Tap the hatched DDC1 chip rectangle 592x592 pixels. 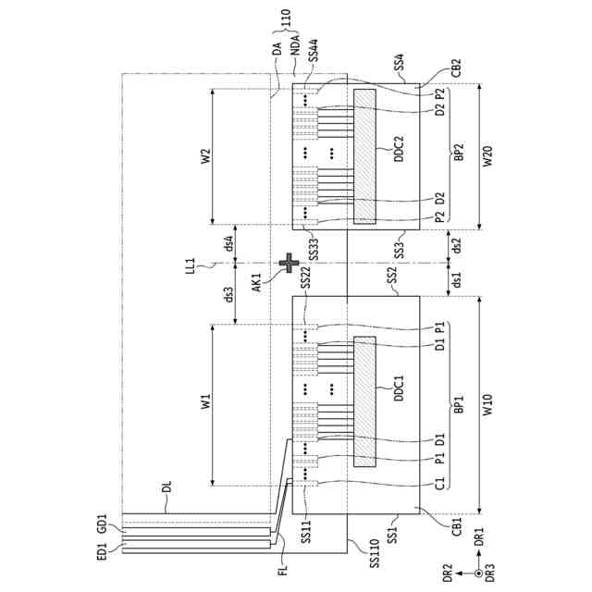pyautogui.click(x=365, y=402)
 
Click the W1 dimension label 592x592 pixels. pyautogui.click(x=206, y=402)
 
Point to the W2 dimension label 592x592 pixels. pyautogui.click(x=206, y=155)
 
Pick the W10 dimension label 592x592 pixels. pyautogui.click(x=487, y=404)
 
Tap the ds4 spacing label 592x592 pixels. pyautogui.click(x=228, y=245)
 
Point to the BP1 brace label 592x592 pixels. pyautogui.click(x=460, y=404)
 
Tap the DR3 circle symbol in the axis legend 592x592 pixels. pyautogui.click(x=478, y=573)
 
